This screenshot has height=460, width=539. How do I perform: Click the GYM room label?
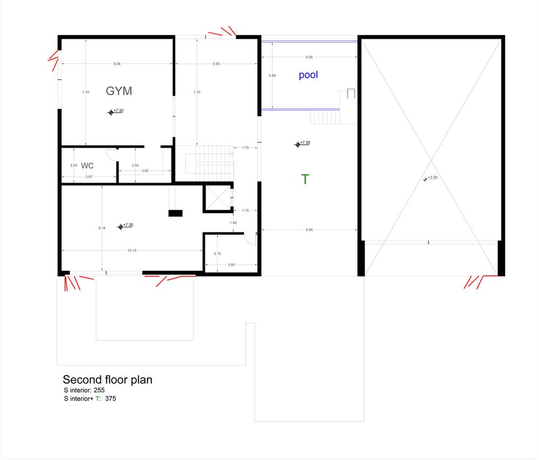[119, 91]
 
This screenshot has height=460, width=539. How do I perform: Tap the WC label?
[87, 166]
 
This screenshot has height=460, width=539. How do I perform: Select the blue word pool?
[308, 75]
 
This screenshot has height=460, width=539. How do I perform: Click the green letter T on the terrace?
[305, 179]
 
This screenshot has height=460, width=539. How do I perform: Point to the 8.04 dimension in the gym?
[117, 64]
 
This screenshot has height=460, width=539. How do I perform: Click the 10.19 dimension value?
[132, 250]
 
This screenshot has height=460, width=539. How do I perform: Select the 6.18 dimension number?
[102, 228]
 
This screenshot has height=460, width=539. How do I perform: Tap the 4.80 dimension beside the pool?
[272, 76]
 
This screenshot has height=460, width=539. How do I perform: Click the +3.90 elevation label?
[432, 178]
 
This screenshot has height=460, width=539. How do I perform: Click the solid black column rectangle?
[176, 213]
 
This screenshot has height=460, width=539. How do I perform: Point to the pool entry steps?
[326, 116]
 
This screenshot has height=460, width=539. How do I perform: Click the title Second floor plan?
[107, 380]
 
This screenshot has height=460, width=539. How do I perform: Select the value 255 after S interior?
[99, 390]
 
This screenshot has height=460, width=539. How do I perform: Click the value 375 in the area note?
[110, 399]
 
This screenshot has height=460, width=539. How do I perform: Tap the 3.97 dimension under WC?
[89, 177]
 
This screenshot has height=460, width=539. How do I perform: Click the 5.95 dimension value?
[216, 64]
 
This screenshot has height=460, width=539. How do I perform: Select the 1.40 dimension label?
[233, 222]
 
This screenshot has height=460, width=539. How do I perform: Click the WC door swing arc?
[109, 155]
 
